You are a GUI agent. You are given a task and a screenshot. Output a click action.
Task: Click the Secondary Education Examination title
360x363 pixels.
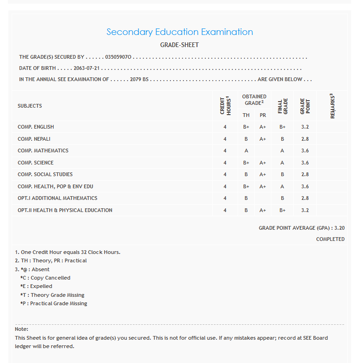pyautogui.click(x=180, y=32)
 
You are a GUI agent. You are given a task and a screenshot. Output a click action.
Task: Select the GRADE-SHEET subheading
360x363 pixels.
pyautogui.click(x=180, y=45)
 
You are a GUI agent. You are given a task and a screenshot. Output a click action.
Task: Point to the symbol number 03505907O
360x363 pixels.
pyautogui.click(x=119, y=57)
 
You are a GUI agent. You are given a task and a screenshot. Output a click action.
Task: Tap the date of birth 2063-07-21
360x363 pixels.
pyautogui.click(x=87, y=68)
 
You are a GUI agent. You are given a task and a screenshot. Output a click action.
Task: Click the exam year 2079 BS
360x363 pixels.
pyautogui.click(x=139, y=79)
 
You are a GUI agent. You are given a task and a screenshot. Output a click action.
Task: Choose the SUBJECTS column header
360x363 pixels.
pyautogui.click(x=30, y=106)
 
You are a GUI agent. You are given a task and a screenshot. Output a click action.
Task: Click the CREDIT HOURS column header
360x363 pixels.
pyautogui.click(x=225, y=106)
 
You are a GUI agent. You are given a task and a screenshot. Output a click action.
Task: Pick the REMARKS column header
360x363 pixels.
pyautogui.click(x=333, y=106)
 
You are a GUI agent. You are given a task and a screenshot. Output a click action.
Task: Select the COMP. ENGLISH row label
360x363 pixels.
pyautogui.click(x=36, y=127)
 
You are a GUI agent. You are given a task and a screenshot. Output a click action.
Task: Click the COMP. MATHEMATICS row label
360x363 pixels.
pyautogui.click(x=43, y=151)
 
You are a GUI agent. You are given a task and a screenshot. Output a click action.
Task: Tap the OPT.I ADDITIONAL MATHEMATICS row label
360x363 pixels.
pyautogui.click(x=57, y=198)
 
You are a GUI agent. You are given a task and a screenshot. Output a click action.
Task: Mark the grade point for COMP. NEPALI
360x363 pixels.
pyautogui.click(x=305, y=139)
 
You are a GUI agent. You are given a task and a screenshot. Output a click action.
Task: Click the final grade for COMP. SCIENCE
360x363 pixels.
pyautogui.click(x=282, y=163)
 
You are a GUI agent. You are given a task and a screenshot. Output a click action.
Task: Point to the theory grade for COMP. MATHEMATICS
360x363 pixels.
pyautogui.click(x=246, y=151)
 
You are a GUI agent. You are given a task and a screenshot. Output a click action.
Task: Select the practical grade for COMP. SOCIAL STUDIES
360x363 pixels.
pyautogui.click(x=263, y=174)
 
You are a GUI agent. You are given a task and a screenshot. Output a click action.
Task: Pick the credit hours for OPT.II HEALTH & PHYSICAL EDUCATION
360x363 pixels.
pyautogui.click(x=225, y=210)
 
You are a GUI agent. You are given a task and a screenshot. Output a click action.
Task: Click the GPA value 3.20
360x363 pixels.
pyautogui.click(x=340, y=228)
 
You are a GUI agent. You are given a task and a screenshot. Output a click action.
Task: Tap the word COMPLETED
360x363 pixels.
pyautogui.click(x=330, y=239)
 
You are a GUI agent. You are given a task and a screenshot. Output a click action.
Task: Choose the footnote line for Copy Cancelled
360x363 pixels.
pyautogui.click(x=45, y=278)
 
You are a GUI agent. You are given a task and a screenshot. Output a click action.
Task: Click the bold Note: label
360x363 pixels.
pyautogui.click(x=21, y=329)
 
